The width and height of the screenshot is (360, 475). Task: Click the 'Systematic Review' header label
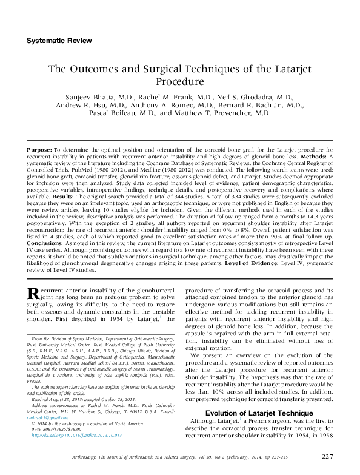[x=59, y=41]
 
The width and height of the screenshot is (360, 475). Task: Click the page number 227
[x=327, y=456]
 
